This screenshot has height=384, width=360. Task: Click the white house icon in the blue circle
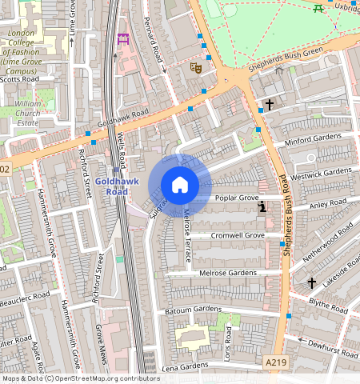coord(180,185)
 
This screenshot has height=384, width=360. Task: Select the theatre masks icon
coord(194,69)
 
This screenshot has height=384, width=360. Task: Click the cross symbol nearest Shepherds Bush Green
coord(270,104)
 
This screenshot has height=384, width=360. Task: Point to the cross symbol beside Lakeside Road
coord(312,282)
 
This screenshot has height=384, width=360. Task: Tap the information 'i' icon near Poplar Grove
coord(262,208)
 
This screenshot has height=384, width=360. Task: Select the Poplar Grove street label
coord(237,197)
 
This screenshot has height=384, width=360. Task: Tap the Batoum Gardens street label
coord(193,309)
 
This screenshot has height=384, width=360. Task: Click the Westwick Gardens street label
coord(322,174)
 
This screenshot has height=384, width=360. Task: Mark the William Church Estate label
coord(27,114)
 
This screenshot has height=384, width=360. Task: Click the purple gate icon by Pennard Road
coord(122,38)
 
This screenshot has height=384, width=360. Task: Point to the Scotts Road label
coord(19,79)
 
